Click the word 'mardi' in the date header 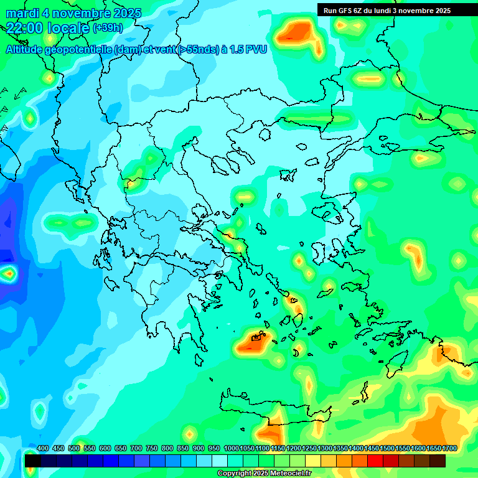(21, 13)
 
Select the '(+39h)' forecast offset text (108, 28)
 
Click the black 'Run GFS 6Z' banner (387, 10)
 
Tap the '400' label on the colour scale (43, 448)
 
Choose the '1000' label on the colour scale (231, 448)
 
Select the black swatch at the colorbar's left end (33, 461)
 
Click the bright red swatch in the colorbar (375, 461)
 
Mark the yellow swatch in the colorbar (313, 461)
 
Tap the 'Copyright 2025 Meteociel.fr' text (265, 474)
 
